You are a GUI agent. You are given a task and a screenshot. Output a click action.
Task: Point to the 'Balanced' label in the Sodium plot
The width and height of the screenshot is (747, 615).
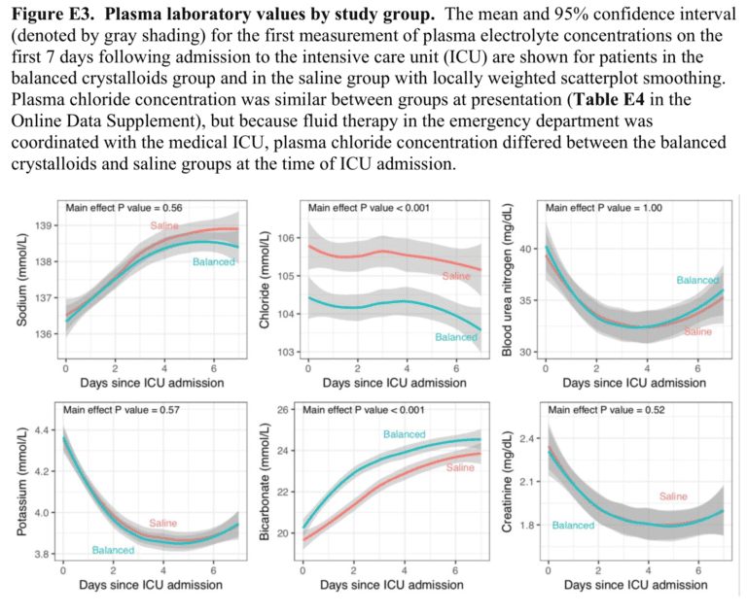[x=214, y=262]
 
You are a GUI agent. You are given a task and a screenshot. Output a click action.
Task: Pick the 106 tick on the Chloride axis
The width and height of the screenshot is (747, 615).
[x=287, y=238]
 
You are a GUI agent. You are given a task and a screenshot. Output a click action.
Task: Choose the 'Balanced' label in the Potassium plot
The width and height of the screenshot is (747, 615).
[x=114, y=550]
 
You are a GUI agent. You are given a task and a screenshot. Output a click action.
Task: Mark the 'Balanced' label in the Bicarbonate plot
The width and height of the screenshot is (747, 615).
[x=405, y=433]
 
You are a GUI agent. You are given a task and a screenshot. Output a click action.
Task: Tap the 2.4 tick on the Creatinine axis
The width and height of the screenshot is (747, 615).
[x=528, y=438]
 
